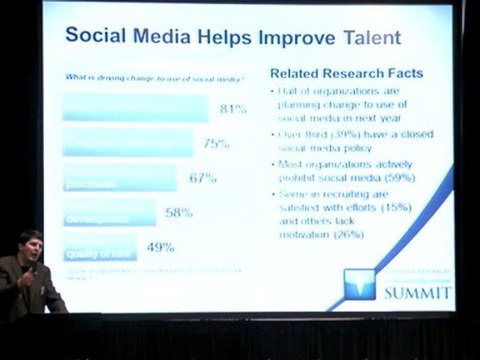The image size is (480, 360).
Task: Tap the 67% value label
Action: click(x=202, y=179)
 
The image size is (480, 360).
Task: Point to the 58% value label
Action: click(x=179, y=213)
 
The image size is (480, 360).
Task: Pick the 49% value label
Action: click(x=161, y=247)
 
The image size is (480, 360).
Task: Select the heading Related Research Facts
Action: click(x=347, y=73)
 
